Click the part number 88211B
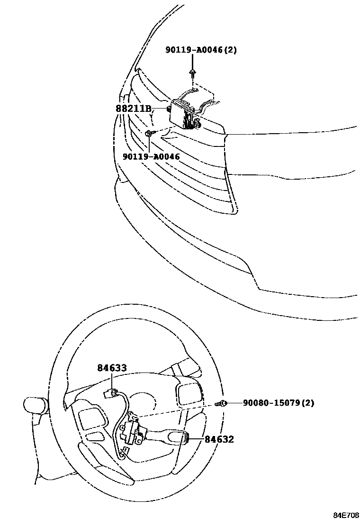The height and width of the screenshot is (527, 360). coord(134,109)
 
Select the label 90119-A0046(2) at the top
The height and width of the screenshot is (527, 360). coord(201,50)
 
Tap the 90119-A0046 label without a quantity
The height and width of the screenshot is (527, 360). coord(151,156)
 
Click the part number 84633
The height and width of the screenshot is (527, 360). coord(112,368)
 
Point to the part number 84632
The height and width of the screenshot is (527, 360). coord(219,439)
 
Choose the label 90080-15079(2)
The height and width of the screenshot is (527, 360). coord(279,403)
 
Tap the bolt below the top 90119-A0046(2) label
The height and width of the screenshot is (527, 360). coord(193,73)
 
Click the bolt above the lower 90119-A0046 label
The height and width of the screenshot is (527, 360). coord(149,134)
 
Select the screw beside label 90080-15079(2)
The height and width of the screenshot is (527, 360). coord(221,403)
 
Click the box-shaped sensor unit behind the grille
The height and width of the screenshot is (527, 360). coord(185,114)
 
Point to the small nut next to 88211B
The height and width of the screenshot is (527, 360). coord(169,109)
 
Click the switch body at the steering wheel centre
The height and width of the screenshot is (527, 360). coord(135,431)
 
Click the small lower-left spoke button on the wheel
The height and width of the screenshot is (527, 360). coord(96,436)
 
